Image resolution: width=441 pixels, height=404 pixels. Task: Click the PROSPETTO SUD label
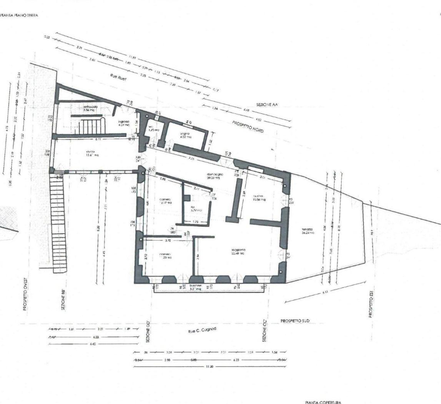(296, 319)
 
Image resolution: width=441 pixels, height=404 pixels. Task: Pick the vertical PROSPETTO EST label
(372, 304)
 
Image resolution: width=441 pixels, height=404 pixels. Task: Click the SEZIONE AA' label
(267, 105)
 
